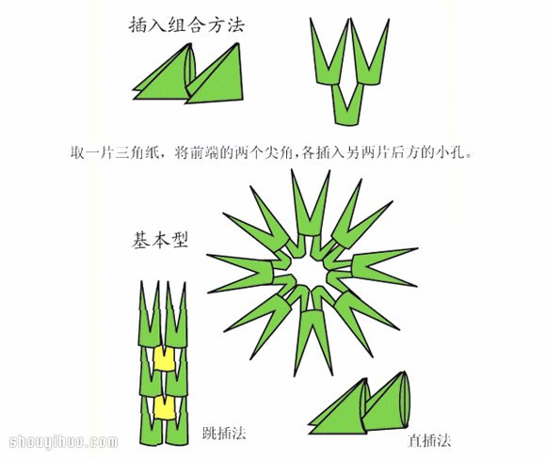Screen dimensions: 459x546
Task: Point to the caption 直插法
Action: click(429, 439)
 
